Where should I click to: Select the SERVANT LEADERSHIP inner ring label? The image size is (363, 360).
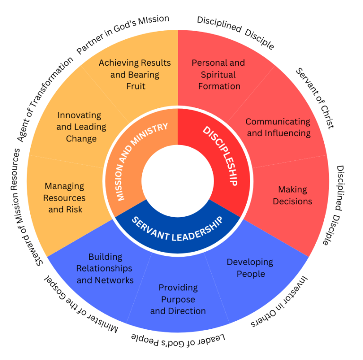pyautogui.click(x=177, y=229)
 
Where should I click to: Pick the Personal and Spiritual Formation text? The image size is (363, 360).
pyautogui.click(x=218, y=74)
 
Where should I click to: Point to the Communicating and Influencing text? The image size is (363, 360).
pyautogui.click(x=278, y=127)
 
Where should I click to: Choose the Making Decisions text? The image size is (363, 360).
pyautogui.click(x=293, y=195)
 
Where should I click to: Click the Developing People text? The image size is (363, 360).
pyautogui.click(x=250, y=268)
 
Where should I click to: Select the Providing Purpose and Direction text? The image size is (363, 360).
pyautogui.click(x=178, y=299)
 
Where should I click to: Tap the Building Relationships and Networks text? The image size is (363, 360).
pyautogui.click(x=105, y=268)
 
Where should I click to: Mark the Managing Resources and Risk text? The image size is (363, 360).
pyautogui.click(x=65, y=197)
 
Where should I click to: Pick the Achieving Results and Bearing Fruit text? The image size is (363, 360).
pyautogui.click(x=135, y=74)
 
